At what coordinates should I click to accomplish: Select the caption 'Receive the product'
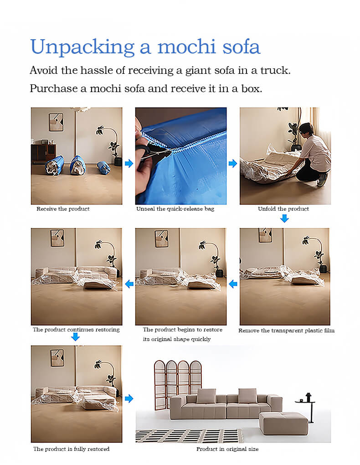click(x=63, y=209)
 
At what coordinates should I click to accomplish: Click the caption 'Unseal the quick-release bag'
click(x=175, y=209)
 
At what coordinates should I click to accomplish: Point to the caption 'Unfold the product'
click(x=283, y=209)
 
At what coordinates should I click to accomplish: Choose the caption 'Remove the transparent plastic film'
click(x=286, y=330)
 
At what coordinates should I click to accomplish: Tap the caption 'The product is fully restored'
click(x=71, y=449)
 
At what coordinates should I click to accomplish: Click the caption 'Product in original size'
click(x=227, y=449)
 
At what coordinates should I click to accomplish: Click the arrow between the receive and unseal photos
click(x=129, y=163)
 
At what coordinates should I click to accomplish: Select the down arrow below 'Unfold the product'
click(x=284, y=218)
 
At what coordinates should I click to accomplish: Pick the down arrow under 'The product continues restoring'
click(x=76, y=337)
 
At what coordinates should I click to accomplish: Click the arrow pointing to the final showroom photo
click(x=129, y=398)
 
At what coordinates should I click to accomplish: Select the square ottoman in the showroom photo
click(x=283, y=423)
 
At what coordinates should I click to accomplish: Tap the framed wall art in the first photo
click(x=56, y=122)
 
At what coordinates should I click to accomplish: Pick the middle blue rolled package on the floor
click(x=78, y=165)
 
